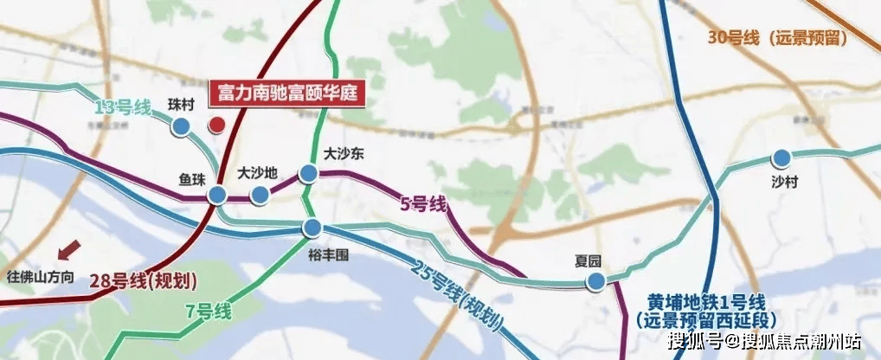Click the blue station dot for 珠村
[x=181, y=127]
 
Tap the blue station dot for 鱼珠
[x=216, y=196]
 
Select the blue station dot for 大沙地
[x=259, y=196]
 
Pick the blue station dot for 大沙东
[x=308, y=174]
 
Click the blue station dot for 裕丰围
[x=312, y=228]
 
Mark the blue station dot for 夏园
[x=595, y=281]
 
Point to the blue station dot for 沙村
[x=781, y=157]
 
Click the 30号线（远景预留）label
[x=776, y=37]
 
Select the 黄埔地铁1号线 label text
[x=707, y=302]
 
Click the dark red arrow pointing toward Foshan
[x=66, y=251]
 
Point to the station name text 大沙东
[x=343, y=152]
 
